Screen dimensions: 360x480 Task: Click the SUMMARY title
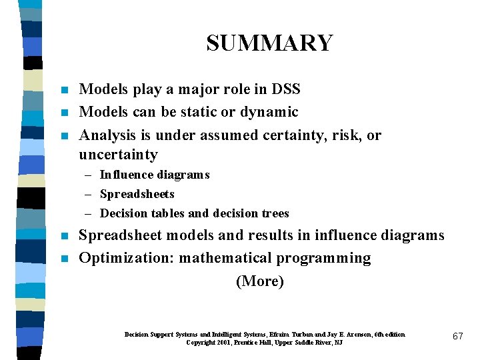(x=269, y=43)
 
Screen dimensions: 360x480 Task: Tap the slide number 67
(x=457, y=336)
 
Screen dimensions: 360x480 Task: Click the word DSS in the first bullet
(x=286, y=89)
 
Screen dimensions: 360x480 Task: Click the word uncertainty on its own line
(x=118, y=155)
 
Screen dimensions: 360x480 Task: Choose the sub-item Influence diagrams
(x=155, y=175)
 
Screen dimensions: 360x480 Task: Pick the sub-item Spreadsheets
(x=137, y=194)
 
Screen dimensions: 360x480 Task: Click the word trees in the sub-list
(x=275, y=213)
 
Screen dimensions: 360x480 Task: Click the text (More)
(x=260, y=281)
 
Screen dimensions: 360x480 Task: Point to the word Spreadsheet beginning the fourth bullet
(x=120, y=235)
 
